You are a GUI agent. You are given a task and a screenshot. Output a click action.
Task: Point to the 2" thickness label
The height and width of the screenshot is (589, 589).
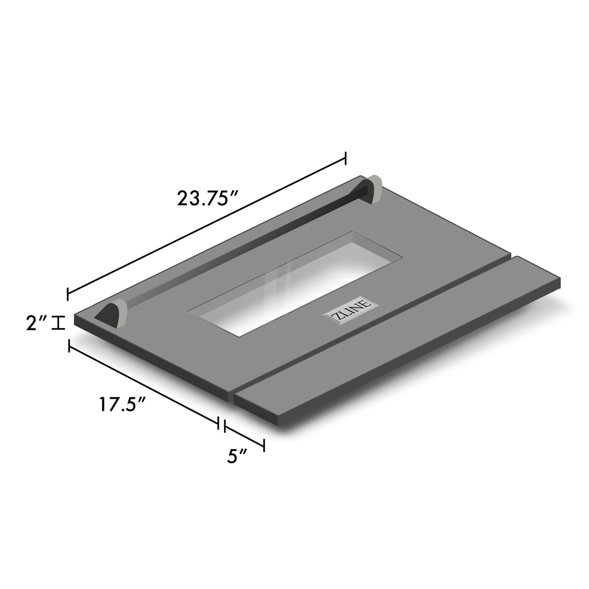(x=36, y=323)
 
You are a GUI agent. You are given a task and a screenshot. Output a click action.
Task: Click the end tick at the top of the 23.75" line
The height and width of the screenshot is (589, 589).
(x=345, y=158)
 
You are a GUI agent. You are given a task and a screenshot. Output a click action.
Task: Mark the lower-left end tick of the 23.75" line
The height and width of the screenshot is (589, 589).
(x=68, y=293)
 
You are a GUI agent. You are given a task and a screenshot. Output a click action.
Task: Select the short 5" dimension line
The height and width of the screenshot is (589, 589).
(x=244, y=435)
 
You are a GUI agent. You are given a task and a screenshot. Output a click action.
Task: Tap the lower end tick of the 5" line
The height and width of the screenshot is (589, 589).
(x=264, y=445)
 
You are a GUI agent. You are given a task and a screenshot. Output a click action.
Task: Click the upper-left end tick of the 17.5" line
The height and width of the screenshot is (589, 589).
(x=69, y=346)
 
